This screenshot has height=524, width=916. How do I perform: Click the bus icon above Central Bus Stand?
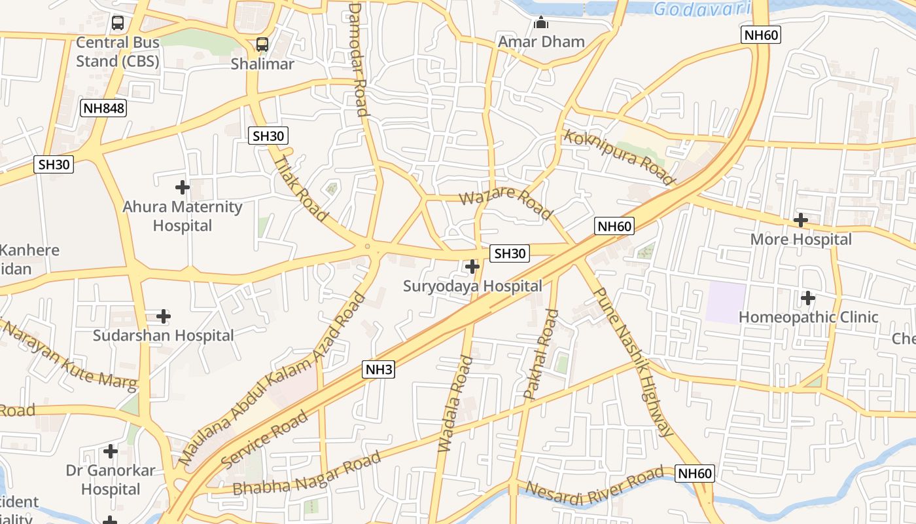click(118, 23)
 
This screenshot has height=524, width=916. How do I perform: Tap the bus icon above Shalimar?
click(262, 45)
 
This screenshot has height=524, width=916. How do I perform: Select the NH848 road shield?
click(103, 108)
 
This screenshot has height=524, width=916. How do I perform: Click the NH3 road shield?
click(379, 369)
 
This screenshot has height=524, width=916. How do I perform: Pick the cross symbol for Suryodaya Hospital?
click(472, 267)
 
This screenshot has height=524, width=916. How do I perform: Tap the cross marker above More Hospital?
click(800, 220)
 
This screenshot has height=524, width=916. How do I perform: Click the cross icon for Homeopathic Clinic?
click(808, 298)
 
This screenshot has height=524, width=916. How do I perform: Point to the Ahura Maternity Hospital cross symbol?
click(183, 187)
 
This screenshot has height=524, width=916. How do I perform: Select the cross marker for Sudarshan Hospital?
click(164, 316)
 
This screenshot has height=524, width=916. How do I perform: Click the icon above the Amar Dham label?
click(540, 23)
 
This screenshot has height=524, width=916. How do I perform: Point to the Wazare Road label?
click(505, 203)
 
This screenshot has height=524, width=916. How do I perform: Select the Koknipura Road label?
click(618, 157)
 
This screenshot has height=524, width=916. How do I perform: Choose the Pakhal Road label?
click(541, 354)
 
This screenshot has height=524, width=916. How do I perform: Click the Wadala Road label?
click(455, 403)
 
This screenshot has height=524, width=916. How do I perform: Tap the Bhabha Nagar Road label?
click(307, 475)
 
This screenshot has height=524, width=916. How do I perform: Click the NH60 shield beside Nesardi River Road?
click(694, 474)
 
